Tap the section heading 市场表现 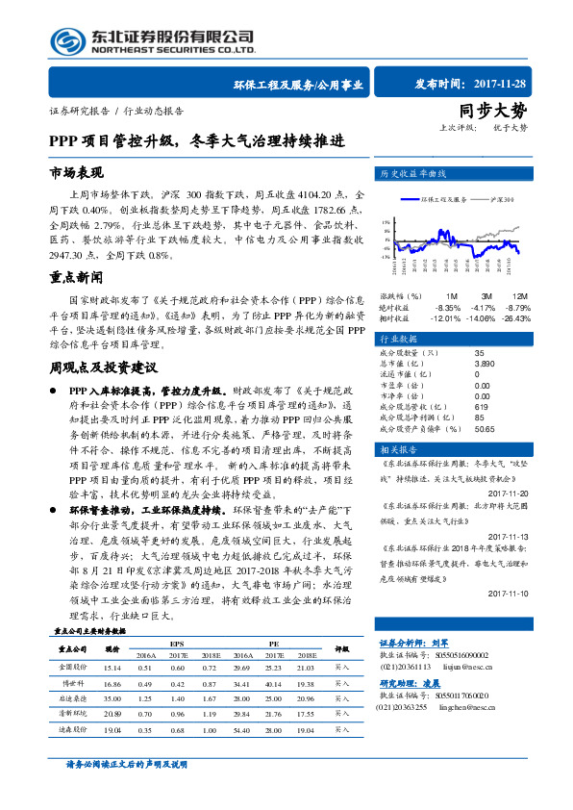coord(76,173)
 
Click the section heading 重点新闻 coord(76,277)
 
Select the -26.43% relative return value coord(515,317)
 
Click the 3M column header coord(486,295)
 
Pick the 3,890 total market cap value coord(485,365)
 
